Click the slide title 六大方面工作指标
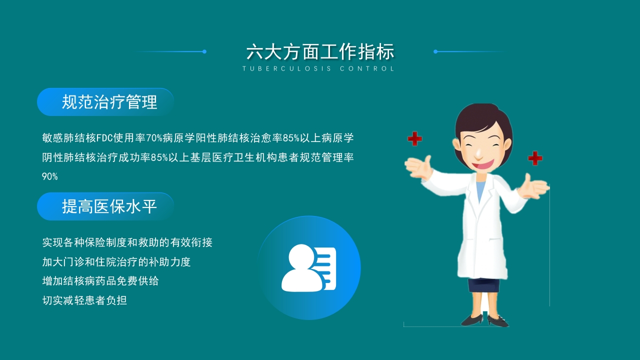click(320, 52)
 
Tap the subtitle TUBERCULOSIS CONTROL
click(318, 68)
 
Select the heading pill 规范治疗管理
click(105, 102)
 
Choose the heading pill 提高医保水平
click(105, 206)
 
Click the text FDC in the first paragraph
click(105, 138)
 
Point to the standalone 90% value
click(50, 176)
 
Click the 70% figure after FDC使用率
click(153, 138)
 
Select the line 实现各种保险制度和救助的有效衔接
click(127, 242)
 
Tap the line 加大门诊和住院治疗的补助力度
click(116, 261)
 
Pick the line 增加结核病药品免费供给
click(100, 281)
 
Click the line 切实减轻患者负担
click(84, 300)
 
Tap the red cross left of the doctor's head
click(414, 138)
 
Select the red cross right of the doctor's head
click(535, 158)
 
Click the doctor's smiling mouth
click(482, 163)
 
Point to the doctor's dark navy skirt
click(483, 285)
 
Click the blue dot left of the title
click(204, 51)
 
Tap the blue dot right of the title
click(435, 51)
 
